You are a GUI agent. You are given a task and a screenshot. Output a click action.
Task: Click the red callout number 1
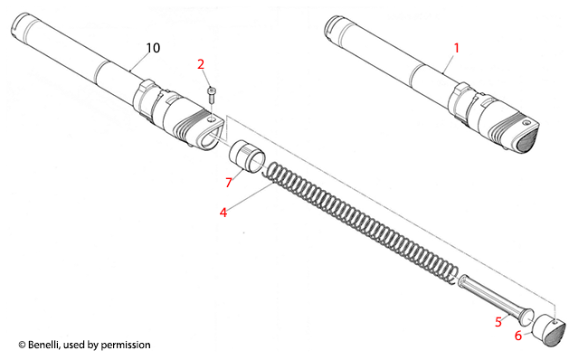pyautogui.click(x=456, y=48)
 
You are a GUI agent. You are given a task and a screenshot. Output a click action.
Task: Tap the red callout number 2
pyautogui.click(x=201, y=64)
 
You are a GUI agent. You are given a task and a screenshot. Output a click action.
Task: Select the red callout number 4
pyautogui.click(x=223, y=213)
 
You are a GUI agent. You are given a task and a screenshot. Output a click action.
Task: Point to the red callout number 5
pyautogui.click(x=498, y=322)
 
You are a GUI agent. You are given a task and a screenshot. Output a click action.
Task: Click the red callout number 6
pyautogui.click(x=517, y=336)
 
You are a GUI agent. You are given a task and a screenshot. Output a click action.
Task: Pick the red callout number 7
pyautogui.click(x=229, y=182)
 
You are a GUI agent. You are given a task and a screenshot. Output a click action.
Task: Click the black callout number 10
pyautogui.click(x=153, y=48)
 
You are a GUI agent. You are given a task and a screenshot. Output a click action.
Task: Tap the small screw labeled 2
pyautogui.click(x=212, y=95)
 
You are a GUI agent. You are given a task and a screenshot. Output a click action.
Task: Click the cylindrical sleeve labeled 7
pyautogui.click(x=246, y=156)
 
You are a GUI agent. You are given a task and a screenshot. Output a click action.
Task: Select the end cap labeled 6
pyautogui.click(x=549, y=331)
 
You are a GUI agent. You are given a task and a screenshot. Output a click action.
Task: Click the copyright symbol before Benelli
pyautogui.click(x=22, y=345)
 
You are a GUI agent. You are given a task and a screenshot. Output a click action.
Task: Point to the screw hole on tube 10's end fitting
pyautogui.click(x=211, y=118)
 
